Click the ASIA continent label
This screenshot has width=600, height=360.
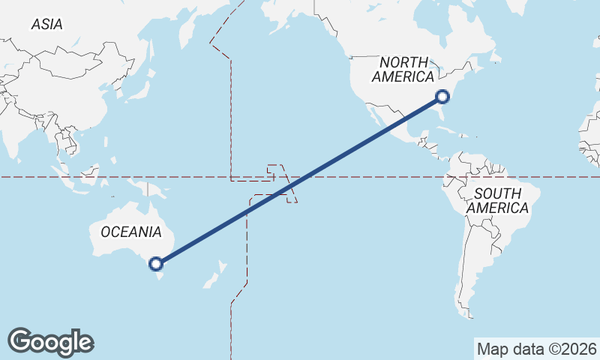46,25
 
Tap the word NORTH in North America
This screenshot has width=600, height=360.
403,62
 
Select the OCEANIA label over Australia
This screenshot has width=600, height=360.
130,232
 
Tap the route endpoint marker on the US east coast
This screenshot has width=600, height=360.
442,96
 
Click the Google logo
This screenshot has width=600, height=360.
50,341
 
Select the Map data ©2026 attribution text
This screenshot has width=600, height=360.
537,349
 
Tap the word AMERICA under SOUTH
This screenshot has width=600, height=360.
498,208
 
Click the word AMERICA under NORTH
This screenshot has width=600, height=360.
403,76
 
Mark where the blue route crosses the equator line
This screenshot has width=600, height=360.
301,178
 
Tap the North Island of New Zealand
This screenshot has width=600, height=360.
223,266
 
